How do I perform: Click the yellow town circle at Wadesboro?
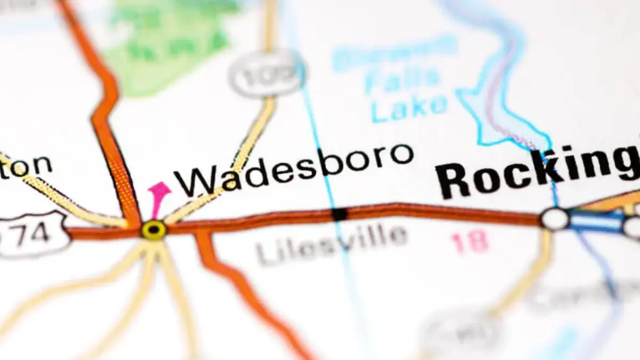[154, 230]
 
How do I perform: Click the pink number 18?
[470, 243]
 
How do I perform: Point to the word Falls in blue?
[403, 80]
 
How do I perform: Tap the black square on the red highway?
[339, 214]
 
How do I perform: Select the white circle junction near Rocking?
[555, 219]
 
